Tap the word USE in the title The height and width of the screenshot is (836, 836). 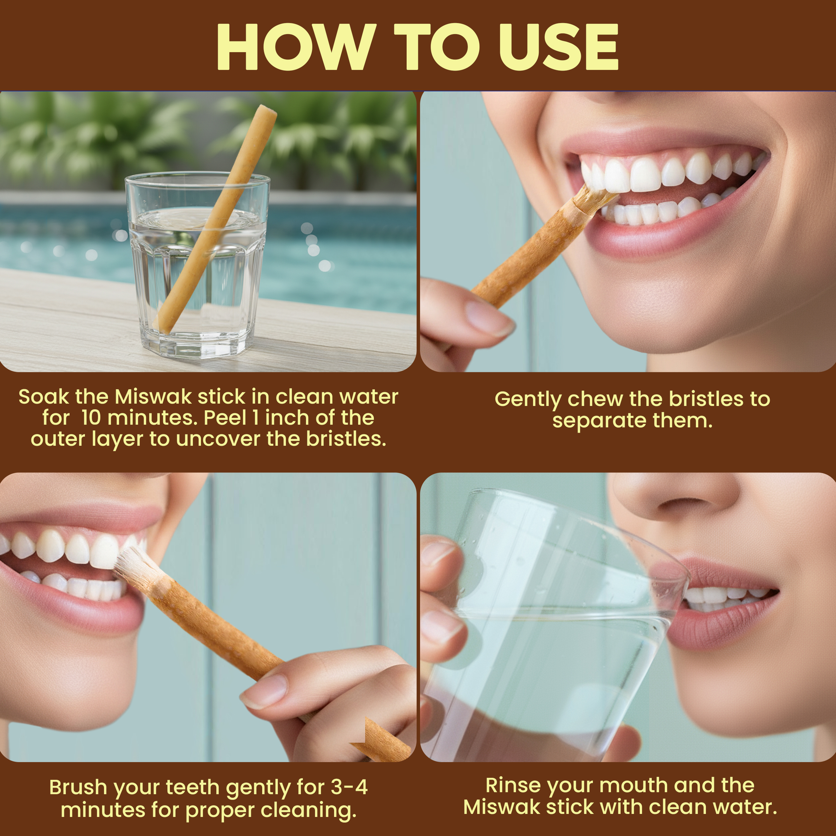559,47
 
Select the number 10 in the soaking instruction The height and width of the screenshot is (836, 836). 91,418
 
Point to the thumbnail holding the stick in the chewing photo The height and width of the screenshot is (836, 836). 490,319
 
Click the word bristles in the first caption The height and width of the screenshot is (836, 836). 346,439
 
